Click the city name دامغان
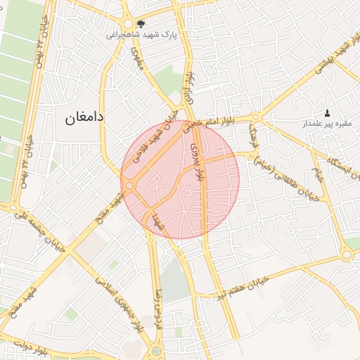click(x=85, y=117)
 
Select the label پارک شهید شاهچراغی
click(x=142, y=34)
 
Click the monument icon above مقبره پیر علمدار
click(x=326, y=112)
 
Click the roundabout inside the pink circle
click(x=130, y=185)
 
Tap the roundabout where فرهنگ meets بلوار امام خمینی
click(x=255, y=117)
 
